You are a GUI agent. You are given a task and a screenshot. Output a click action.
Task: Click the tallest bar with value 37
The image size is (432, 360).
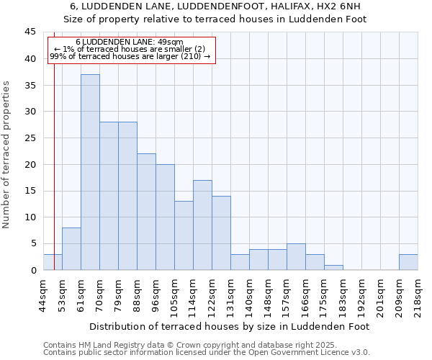point(90,172)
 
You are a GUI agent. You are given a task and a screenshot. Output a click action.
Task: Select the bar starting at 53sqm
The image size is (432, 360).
point(71,248)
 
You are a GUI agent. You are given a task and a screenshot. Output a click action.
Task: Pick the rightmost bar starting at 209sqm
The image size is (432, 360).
point(408,262)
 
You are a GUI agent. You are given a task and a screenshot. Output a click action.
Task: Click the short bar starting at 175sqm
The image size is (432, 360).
point(333,267)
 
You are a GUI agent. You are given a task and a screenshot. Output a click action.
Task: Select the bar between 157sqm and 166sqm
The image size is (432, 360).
point(296,256)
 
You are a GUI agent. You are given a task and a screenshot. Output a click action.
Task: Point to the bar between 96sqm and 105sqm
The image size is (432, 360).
point(165,217)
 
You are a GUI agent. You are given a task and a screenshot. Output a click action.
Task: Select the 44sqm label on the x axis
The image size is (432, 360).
point(43,294)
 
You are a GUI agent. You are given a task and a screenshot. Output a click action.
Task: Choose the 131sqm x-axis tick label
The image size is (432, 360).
point(230,295)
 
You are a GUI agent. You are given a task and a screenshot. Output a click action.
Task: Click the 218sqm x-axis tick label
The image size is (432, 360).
point(418,295)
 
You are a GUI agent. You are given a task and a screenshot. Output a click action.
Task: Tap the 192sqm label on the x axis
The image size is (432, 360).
point(361,295)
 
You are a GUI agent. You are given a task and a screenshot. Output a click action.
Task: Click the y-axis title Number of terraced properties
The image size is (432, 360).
point(6,155)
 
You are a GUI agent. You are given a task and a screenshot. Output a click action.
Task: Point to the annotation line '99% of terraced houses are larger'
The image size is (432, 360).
point(130,56)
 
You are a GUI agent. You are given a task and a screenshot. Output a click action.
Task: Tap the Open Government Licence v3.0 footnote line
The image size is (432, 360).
point(206,353)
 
